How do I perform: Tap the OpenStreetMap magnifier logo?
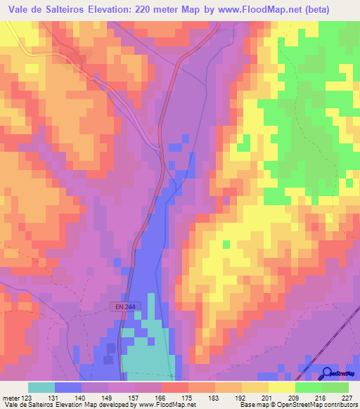[x=327, y=374]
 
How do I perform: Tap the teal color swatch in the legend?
[x=41, y=387]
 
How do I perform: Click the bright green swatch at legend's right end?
[x=335, y=387]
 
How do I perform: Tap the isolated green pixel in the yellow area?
[x=226, y=244]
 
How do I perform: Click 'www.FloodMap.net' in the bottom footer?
[x=162, y=404]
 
